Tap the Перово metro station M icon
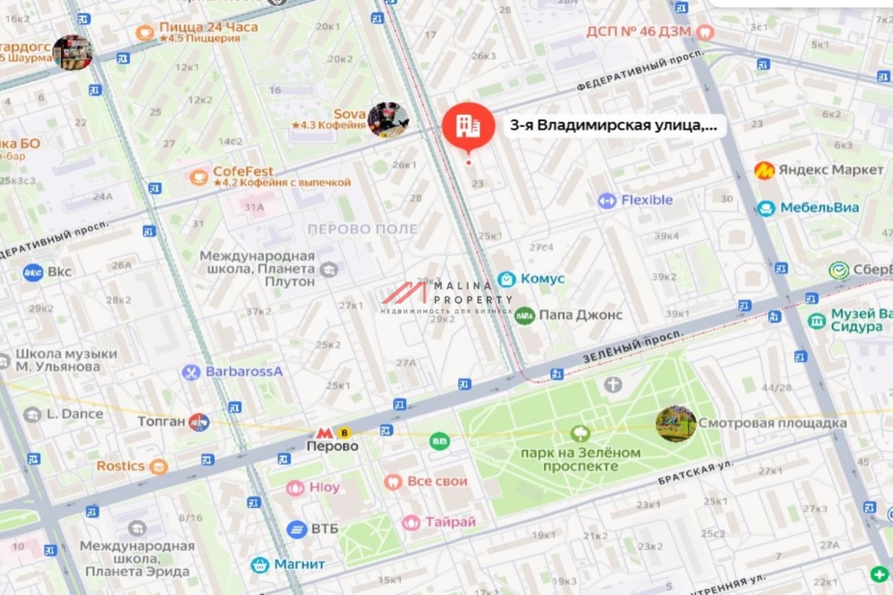(323, 432)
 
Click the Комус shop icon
(507, 279)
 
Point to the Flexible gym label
(647, 200)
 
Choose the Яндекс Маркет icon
(764, 170)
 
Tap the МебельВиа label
(819, 208)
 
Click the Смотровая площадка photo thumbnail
(676, 424)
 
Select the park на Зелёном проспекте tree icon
(580, 433)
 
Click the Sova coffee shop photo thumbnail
(388, 120)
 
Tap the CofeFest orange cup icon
(199, 177)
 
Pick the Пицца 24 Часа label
(208, 28)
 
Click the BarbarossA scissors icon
(191, 372)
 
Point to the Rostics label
(120, 466)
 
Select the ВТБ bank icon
(296, 529)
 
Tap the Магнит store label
(299, 564)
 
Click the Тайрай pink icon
(411, 523)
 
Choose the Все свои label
(437, 482)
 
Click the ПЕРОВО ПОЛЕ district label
(362, 229)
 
